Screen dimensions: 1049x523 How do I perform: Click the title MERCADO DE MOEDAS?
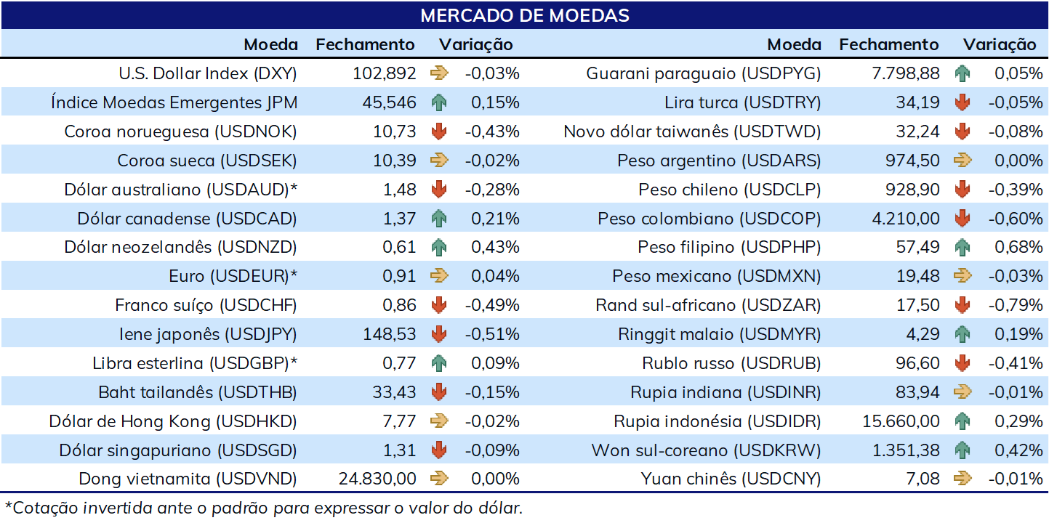(x=525, y=15)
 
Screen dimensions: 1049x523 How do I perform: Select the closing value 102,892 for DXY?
(x=384, y=73)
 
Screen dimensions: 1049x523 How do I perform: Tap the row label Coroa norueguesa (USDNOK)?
(x=181, y=131)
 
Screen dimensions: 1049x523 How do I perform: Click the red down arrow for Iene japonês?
(x=439, y=334)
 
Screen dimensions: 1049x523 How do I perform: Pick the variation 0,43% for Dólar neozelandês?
(x=495, y=247)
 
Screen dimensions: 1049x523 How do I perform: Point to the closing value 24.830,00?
(x=377, y=479)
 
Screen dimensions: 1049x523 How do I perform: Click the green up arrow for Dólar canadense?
(x=439, y=219)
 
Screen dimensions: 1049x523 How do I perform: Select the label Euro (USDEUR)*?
(x=233, y=276)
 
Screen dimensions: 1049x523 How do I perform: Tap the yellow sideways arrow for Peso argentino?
(x=962, y=161)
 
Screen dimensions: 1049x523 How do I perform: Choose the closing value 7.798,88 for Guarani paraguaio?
(x=905, y=73)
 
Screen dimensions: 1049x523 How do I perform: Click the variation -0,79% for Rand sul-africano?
(x=1016, y=305)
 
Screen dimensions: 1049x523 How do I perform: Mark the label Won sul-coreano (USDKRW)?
(x=706, y=450)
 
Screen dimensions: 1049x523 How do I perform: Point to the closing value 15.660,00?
(x=901, y=421)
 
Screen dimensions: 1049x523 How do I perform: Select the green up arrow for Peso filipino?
(x=962, y=248)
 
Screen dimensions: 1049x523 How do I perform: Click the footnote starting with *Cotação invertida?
(x=264, y=508)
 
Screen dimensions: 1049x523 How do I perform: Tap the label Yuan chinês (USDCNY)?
(x=731, y=479)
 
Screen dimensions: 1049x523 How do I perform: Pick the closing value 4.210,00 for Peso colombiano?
(x=905, y=219)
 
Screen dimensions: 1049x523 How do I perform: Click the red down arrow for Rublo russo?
(x=962, y=363)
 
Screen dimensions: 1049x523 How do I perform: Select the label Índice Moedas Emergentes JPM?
(x=174, y=102)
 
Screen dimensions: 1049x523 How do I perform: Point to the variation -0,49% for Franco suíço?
(x=492, y=305)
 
